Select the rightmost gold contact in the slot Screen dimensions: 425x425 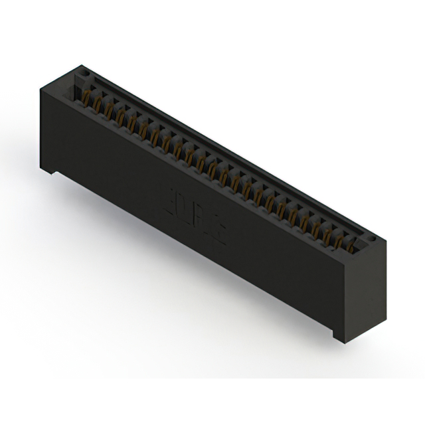[351, 246]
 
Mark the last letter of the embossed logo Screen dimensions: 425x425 [220, 232]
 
